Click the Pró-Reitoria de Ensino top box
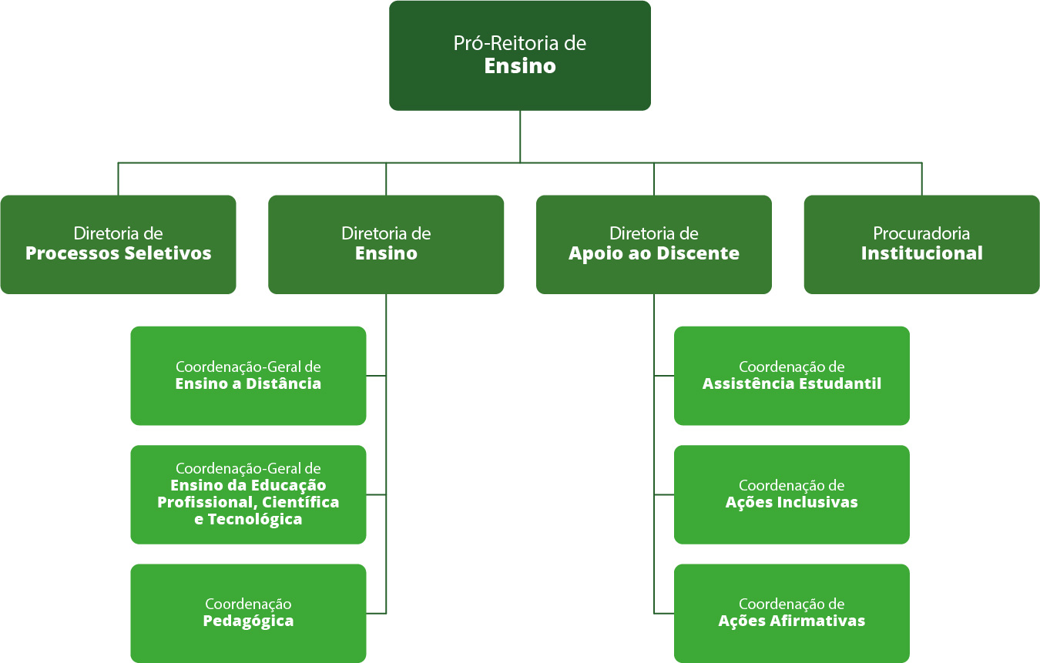[x=519, y=55]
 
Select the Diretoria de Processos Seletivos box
[x=118, y=244]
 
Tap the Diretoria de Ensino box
[x=386, y=244]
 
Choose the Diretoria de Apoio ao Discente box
[x=653, y=244]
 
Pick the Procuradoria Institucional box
[x=921, y=244]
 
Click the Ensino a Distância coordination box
[x=248, y=375]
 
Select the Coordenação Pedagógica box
[x=248, y=613]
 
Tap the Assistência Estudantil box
[x=791, y=375]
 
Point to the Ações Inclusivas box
[x=791, y=494]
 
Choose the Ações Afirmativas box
[x=791, y=613]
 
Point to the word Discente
[x=701, y=253]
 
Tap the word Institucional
[x=921, y=253]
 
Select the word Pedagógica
[x=248, y=621]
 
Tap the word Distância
[x=283, y=383]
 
